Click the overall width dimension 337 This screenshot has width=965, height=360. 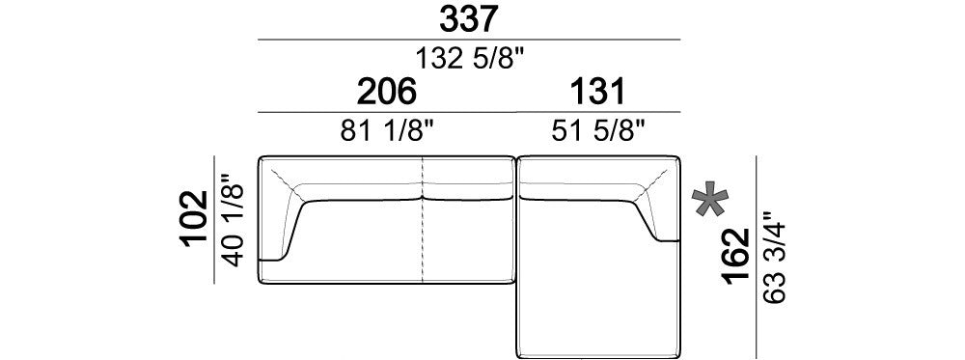(468, 19)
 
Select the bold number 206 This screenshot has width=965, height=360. (387, 92)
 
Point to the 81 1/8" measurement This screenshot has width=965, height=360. (388, 131)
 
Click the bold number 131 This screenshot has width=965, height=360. (597, 92)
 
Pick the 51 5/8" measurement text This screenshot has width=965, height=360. (598, 131)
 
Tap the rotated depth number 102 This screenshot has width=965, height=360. (195, 219)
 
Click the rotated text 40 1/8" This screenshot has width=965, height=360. (234, 220)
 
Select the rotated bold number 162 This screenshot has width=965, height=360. (736, 257)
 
